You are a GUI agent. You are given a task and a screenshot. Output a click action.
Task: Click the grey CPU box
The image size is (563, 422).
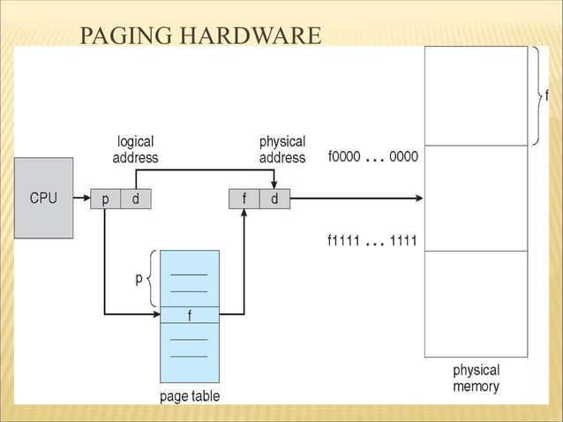[x=43, y=198]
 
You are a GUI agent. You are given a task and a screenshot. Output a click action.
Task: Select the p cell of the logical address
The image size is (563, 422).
[x=105, y=200]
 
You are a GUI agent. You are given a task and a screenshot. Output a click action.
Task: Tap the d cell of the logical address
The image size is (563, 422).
[x=135, y=200]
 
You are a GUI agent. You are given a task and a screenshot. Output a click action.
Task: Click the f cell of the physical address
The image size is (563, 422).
[x=244, y=200]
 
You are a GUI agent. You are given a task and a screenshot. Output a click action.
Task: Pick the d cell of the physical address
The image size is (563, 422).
[x=274, y=200]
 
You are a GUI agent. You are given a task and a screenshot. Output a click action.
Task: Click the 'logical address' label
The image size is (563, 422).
[x=135, y=149]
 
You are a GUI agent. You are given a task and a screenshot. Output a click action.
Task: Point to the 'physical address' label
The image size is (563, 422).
[x=281, y=149]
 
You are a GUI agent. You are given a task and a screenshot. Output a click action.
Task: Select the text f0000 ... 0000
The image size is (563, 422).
[x=372, y=157]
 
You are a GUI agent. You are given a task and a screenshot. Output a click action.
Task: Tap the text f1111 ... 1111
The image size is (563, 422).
[x=372, y=241]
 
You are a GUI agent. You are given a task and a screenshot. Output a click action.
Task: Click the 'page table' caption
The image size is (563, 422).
[x=190, y=396]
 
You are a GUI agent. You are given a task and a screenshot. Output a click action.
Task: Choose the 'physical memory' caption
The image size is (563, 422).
[x=476, y=378]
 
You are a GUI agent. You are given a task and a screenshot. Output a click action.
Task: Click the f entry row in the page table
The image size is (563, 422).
[x=190, y=315]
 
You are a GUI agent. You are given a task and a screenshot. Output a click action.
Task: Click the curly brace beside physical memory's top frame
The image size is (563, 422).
[x=537, y=94]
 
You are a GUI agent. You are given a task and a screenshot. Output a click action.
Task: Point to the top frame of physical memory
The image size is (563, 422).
[x=476, y=95]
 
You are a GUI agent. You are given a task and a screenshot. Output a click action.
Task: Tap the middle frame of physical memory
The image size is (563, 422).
[x=476, y=198]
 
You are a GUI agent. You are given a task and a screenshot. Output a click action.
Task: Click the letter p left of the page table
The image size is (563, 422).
[x=139, y=277]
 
